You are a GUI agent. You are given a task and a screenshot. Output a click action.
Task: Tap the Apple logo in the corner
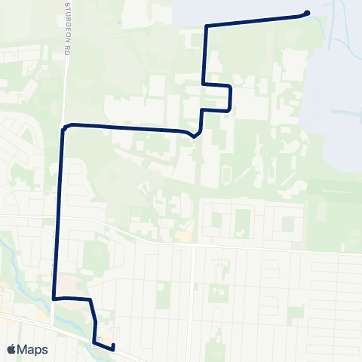pos(11,349)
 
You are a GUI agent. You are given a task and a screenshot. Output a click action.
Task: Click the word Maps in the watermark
pos(34,349)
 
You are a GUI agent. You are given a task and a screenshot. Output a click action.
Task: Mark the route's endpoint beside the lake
pos(307,12)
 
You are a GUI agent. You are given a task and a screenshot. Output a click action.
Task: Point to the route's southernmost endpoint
pos(112,348)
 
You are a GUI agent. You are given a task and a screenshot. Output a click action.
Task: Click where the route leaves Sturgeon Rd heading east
pos(67,126)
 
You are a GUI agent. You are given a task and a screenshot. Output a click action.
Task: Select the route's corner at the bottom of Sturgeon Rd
pos(54,299)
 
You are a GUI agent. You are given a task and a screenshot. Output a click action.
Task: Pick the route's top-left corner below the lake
pos(206,27)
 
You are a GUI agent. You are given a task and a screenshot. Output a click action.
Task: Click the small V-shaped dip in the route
pos(195,137)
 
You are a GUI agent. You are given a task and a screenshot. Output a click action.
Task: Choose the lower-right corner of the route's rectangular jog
pos(229,110)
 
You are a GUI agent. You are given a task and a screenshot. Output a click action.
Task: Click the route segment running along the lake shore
pos(256,20)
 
